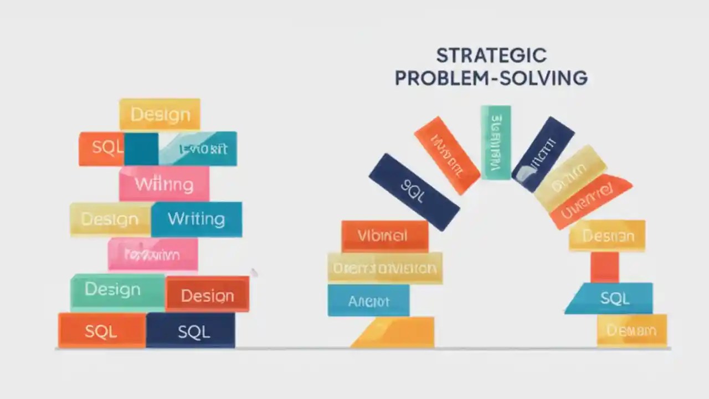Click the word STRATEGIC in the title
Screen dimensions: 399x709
point(491,55)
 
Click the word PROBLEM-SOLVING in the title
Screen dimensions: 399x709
point(491,78)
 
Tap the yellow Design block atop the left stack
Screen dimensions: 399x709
point(160,114)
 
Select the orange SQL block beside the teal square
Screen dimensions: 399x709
point(102,148)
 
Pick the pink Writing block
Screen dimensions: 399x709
point(164,184)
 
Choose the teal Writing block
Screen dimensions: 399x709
point(196,219)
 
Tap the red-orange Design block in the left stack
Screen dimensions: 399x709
point(207,295)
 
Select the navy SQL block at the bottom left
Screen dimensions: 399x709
point(191,331)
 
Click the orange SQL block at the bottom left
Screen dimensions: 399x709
point(101,331)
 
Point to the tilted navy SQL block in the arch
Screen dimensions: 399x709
point(413,192)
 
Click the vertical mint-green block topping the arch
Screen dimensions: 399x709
point(495,142)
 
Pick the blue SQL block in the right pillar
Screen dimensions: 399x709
point(614,299)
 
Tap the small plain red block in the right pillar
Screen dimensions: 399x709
point(604,267)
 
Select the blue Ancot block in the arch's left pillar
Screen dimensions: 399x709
point(368,301)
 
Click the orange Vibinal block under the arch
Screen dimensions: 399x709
point(384,236)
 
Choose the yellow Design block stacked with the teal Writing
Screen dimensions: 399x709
point(110,219)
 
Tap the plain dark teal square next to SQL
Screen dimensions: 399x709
point(141,149)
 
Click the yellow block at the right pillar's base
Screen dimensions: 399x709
point(631,331)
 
